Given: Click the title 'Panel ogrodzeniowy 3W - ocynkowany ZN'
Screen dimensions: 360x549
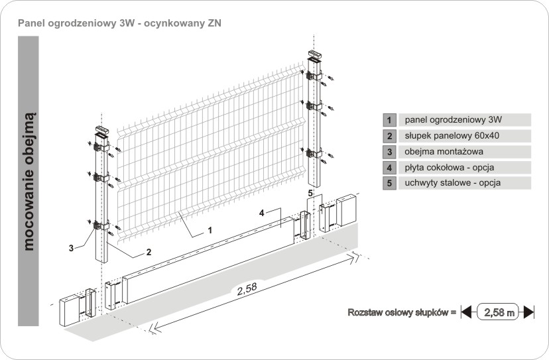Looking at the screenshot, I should [120, 23].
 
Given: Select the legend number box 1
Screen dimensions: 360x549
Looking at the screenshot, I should [389, 120].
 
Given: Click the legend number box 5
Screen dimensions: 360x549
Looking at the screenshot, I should [389, 183].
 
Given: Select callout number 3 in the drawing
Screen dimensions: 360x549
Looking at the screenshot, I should [71, 248].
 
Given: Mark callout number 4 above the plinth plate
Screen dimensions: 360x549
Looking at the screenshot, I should [263, 213].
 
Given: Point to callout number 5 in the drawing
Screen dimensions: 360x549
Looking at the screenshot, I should [311, 192].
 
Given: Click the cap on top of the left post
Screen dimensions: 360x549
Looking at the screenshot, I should [101, 129].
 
